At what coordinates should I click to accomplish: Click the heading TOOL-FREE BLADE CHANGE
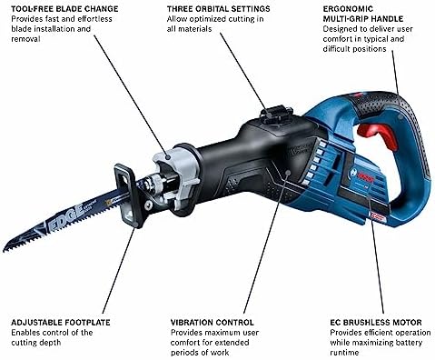click(x=64, y=8)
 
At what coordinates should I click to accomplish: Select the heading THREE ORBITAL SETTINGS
click(x=218, y=8)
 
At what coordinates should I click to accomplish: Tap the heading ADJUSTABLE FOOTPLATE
click(x=61, y=323)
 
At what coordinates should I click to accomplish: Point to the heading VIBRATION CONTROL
click(x=212, y=323)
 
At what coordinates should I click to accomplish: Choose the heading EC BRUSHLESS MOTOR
click(x=376, y=323)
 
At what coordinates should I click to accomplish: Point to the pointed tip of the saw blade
click(x=4, y=251)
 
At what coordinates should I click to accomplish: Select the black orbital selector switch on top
click(x=276, y=114)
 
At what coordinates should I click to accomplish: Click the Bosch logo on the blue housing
click(x=362, y=175)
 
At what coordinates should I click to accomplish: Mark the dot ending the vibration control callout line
click(x=288, y=173)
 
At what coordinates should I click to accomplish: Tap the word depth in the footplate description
click(x=51, y=343)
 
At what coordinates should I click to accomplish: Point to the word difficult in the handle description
click(x=335, y=49)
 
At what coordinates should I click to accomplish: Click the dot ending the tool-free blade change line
click(x=168, y=156)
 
